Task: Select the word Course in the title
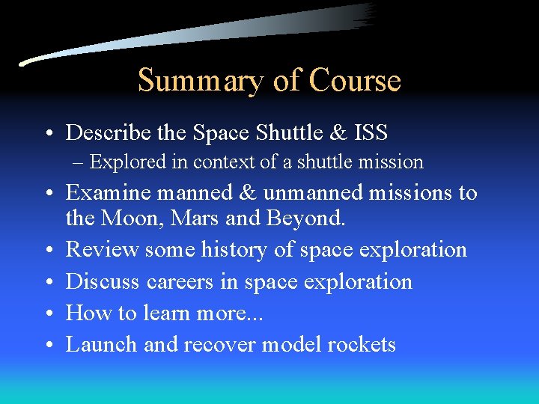(355, 80)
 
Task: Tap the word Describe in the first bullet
(109, 133)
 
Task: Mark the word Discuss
(103, 281)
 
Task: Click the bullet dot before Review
(49, 250)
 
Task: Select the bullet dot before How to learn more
(49, 313)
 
